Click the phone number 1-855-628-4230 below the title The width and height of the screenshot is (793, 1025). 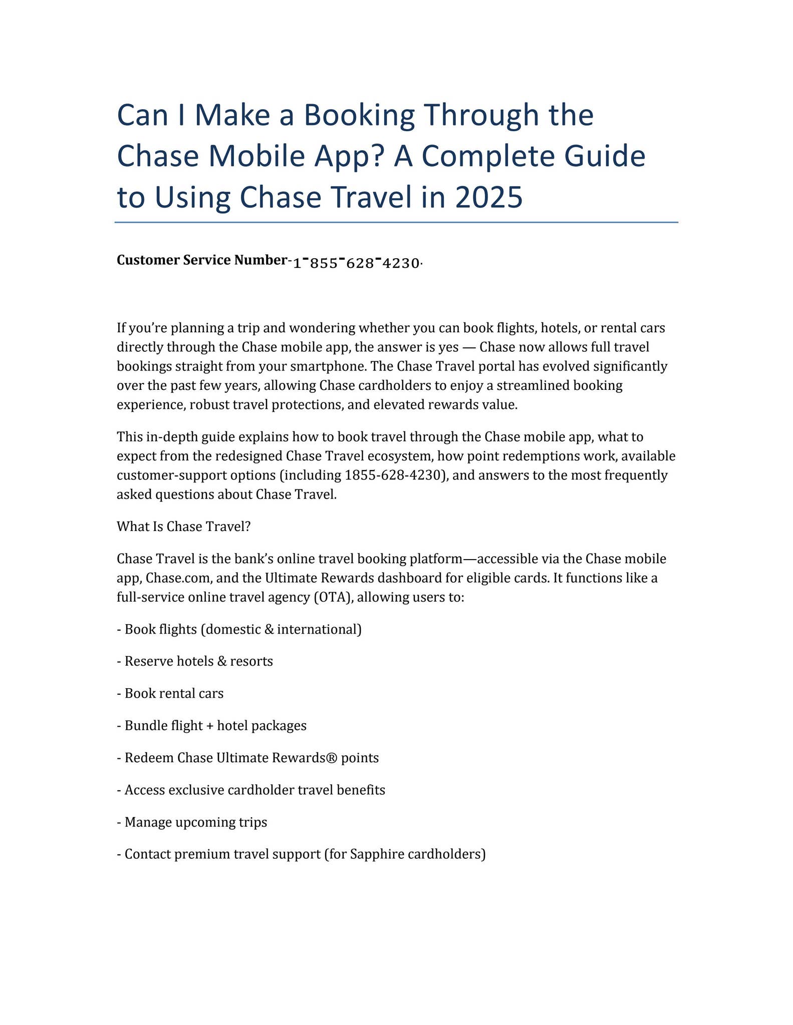pos(356,263)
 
